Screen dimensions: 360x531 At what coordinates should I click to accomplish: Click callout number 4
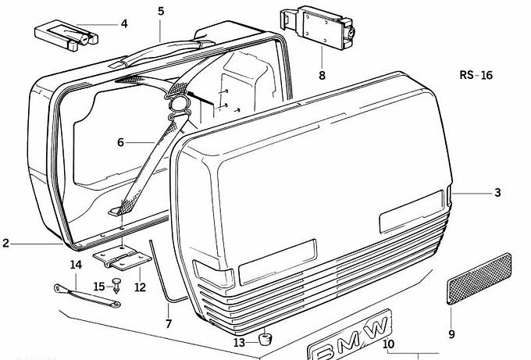(x=124, y=23)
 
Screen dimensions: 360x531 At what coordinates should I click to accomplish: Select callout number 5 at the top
(x=161, y=11)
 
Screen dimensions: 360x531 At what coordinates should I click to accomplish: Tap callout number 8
(x=322, y=76)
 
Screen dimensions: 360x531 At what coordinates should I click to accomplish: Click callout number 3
(x=497, y=192)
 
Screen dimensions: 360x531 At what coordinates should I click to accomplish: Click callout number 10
(x=389, y=344)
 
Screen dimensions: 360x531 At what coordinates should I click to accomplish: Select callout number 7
(x=169, y=323)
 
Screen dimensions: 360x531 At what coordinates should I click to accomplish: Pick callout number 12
(x=140, y=287)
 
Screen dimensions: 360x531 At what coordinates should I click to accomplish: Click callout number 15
(x=98, y=287)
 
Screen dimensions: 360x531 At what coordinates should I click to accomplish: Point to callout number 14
(x=75, y=266)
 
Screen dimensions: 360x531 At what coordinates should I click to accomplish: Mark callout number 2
(x=5, y=244)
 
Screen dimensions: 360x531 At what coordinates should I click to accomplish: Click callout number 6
(x=120, y=142)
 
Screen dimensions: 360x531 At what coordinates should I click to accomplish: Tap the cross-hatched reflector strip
(x=479, y=278)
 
